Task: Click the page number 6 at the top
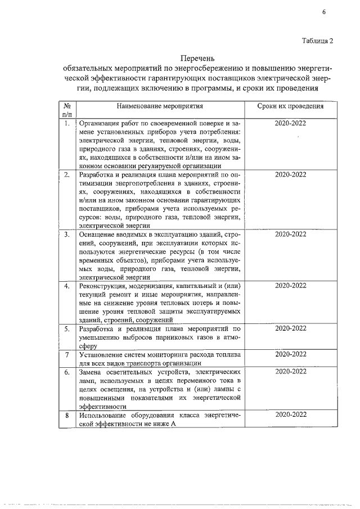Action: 325,12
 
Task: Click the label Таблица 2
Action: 318,40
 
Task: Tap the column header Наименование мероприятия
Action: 160,106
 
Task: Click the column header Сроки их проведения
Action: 290,106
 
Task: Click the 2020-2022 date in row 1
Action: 290,123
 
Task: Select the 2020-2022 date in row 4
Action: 290,286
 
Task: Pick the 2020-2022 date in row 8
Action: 290,415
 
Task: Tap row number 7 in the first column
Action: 67,354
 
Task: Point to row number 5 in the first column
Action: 67,328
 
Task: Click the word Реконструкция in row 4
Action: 103,286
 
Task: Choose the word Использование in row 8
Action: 105,415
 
